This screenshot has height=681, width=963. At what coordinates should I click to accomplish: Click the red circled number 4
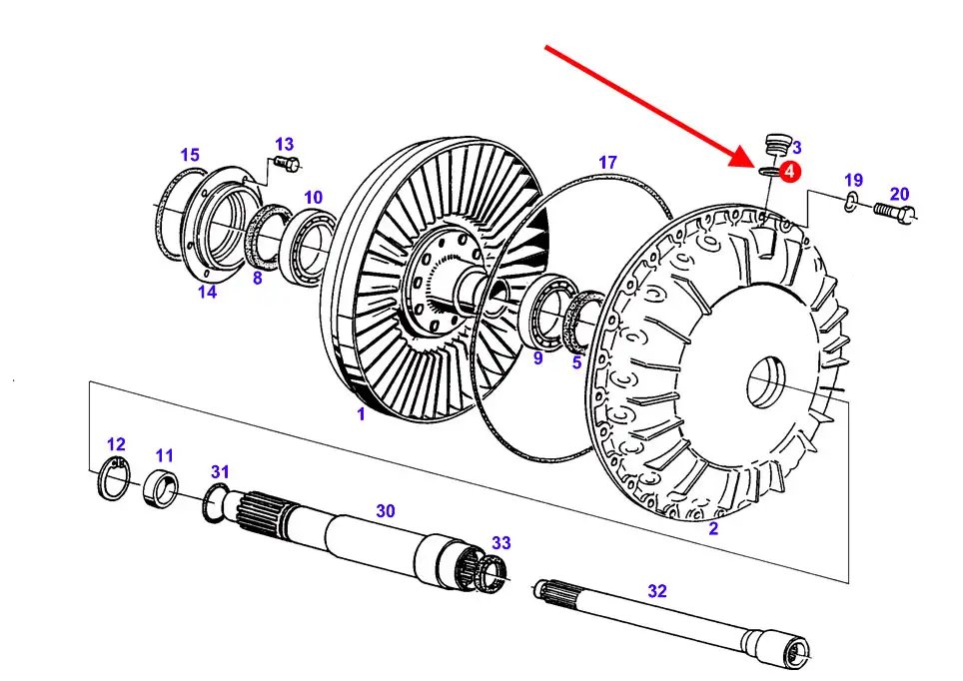tap(788, 172)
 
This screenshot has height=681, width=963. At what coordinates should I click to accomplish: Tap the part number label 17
tap(607, 162)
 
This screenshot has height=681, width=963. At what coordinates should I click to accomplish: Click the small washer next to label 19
tap(848, 204)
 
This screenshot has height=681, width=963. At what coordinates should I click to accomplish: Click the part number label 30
tap(386, 511)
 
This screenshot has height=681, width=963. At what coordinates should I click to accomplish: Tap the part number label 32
tap(656, 591)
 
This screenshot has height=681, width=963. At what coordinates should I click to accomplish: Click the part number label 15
tap(190, 155)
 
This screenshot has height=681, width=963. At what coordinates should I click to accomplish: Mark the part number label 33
tap(500, 543)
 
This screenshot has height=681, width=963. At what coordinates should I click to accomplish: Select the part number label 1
tap(361, 413)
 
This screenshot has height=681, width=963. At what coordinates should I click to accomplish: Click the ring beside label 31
tap(215, 500)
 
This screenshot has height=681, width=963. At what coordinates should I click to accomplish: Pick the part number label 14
tap(207, 292)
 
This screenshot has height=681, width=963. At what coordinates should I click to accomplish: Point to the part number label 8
tap(257, 279)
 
